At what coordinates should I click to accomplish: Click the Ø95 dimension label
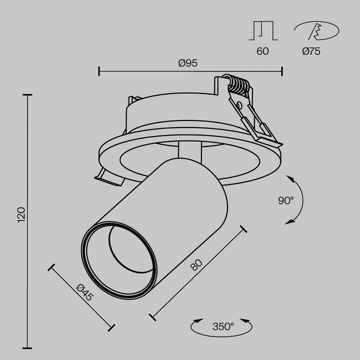pyautogui.click(x=188, y=63)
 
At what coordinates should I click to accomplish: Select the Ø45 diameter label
pyautogui.click(x=85, y=291)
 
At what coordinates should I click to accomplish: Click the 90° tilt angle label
pyautogui.click(x=286, y=201)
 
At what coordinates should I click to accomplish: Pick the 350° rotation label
pyautogui.click(x=223, y=327)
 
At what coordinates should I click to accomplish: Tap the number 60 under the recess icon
pyautogui.click(x=262, y=51)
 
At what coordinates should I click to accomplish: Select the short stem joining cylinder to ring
pyautogui.click(x=190, y=151)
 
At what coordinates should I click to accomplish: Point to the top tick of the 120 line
pyautogui.click(x=27, y=94)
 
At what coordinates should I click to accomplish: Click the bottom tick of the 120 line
pyautogui.click(x=27, y=347)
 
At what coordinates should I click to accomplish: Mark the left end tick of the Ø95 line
pyautogui.click(x=99, y=71)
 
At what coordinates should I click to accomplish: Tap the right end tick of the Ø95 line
pyautogui.click(x=282, y=71)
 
